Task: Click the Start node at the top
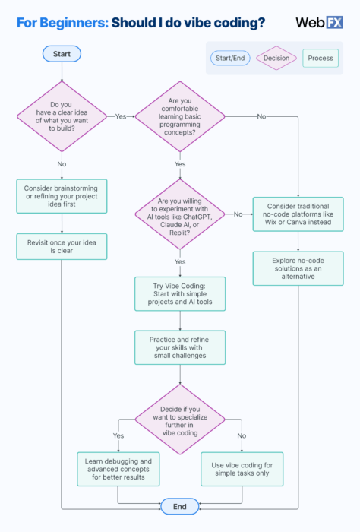[62, 54]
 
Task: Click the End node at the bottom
[179, 505]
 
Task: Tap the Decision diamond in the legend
[276, 58]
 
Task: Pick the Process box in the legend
[321, 58]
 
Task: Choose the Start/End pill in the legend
[231, 58]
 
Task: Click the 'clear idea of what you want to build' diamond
[62, 116]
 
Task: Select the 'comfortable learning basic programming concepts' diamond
[179, 116]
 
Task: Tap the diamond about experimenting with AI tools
[179, 214]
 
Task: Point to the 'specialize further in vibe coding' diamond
[179, 417]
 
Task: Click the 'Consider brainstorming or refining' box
[62, 193]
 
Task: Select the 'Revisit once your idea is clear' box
[62, 246]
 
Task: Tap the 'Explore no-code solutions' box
[298, 268]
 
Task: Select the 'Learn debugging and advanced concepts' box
[118, 469]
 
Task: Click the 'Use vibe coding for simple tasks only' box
[242, 469]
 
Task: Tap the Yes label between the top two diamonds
[121, 116]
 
